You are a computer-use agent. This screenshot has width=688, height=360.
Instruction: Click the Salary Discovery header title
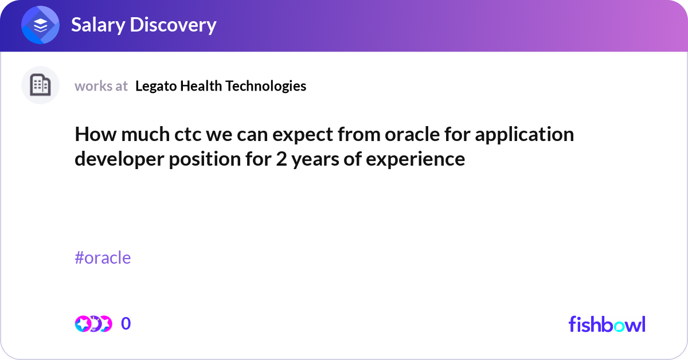(143, 25)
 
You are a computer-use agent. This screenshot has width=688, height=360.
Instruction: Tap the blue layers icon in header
(40, 25)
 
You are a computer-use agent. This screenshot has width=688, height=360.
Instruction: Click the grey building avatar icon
(40, 85)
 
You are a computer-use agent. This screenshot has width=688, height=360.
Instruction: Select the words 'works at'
(101, 86)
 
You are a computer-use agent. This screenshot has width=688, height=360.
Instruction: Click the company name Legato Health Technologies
(221, 86)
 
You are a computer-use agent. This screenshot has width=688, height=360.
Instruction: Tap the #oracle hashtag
(103, 258)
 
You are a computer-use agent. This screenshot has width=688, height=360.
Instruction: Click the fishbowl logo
(607, 324)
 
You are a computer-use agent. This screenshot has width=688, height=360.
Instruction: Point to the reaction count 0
(126, 324)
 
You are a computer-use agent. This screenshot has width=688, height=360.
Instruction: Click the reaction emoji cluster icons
(93, 324)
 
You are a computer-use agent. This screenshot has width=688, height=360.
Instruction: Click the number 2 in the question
(281, 159)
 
